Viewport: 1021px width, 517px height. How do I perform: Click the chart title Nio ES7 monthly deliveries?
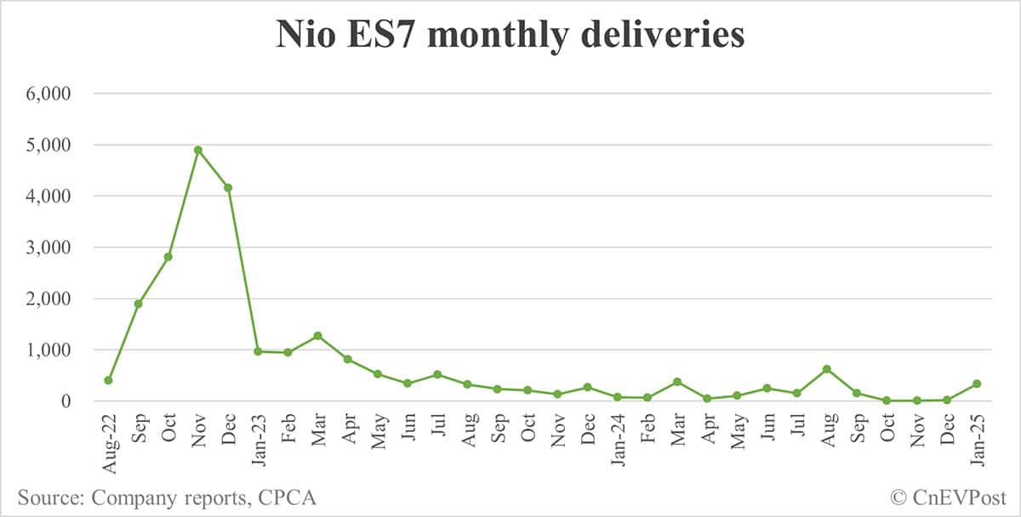510,36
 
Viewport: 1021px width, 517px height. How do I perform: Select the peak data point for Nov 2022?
197,150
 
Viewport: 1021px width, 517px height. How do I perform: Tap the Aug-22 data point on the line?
108,380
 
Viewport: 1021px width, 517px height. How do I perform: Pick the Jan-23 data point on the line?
257,351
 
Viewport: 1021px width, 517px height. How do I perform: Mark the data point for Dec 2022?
227,187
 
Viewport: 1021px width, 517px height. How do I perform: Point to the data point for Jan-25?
976,383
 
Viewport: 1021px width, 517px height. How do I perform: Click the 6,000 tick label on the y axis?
53,94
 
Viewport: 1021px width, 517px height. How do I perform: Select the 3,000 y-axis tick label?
53,247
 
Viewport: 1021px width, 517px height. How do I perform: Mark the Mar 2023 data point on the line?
317,336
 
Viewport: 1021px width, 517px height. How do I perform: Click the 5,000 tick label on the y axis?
53,145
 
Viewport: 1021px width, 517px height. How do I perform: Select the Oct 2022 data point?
168,256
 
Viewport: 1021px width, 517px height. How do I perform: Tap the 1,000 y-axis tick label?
53,349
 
